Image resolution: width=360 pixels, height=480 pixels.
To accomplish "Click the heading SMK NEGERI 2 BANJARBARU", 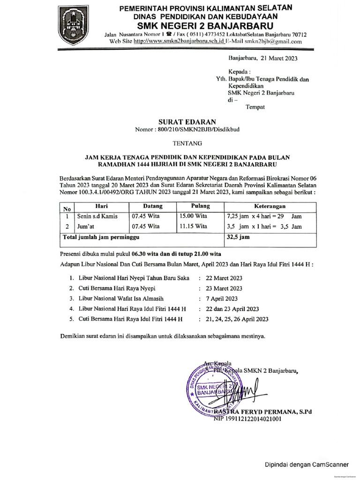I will pyautogui.click(x=206, y=25).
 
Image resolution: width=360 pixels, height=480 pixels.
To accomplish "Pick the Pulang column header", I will pyautogui.click(x=200, y=206).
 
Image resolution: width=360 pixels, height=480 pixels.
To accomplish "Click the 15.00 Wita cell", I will pyautogui.click(x=194, y=217).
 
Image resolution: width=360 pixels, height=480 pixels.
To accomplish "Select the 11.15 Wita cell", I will pyautogui.click(x=194, y=227).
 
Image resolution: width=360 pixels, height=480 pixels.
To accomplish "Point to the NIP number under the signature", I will pyautogui.click(x=247, y=420).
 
